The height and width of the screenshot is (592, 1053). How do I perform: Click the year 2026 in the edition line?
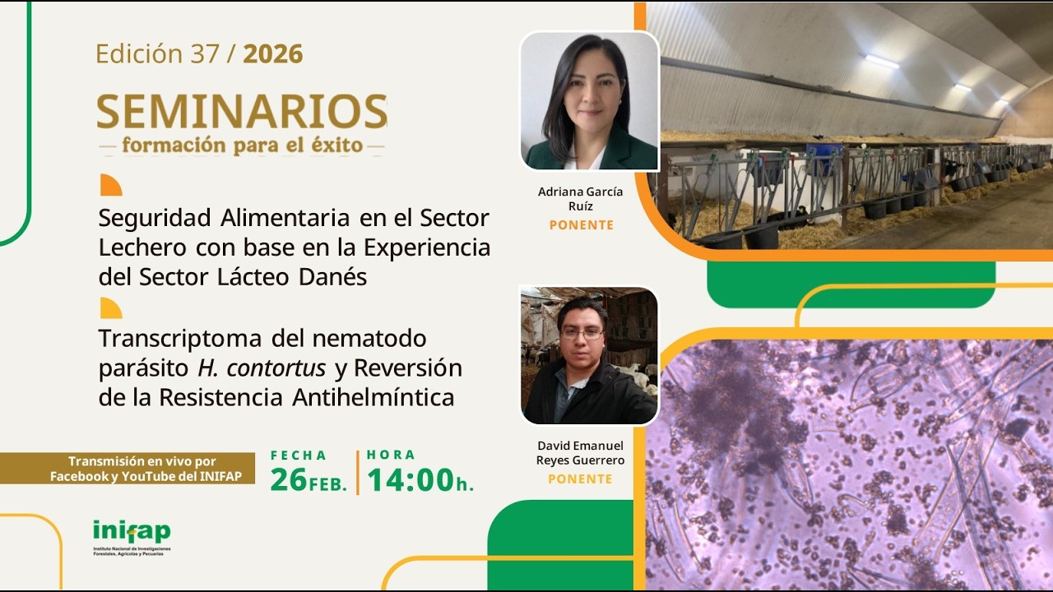273,54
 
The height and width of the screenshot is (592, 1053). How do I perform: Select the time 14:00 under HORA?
411,480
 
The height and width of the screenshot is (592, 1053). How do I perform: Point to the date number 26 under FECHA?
288,480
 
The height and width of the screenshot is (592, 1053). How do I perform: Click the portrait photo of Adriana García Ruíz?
589,101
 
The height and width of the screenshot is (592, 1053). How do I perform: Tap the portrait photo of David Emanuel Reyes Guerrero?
589,355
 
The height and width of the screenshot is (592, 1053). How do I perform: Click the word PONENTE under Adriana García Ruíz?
581,225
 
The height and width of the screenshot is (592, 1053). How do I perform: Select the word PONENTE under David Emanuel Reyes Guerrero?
580,479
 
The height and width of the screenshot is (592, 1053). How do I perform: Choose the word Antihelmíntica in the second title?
373,398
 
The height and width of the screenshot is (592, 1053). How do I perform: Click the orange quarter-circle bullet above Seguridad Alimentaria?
109,185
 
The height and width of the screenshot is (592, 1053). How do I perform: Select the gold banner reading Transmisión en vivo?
128,469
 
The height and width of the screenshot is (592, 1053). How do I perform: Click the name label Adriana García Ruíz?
581,199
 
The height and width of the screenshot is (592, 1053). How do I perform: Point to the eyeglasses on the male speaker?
582,334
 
